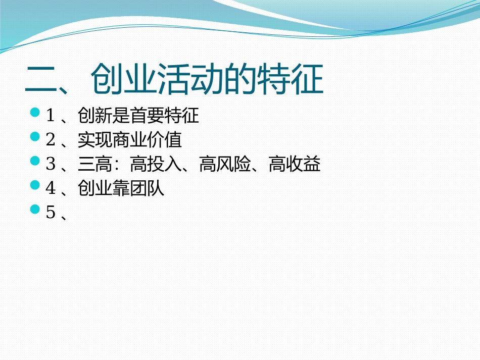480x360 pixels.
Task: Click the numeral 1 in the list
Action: (x=51, y=117)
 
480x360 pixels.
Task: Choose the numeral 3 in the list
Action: (x=51, y=165)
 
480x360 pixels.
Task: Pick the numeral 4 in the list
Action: (x=51, y=189)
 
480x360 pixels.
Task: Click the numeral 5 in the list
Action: (x=51, y=213)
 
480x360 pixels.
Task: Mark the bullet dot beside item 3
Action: (x=35, y=161)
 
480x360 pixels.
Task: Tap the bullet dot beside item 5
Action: (x=35, y=209)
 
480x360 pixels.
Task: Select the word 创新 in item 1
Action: (x=95, y=117)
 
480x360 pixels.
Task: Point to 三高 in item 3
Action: (x=95, y=165)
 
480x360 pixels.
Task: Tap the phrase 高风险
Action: (x=225, y=165)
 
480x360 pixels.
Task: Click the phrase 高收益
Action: (x=295, y=165)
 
